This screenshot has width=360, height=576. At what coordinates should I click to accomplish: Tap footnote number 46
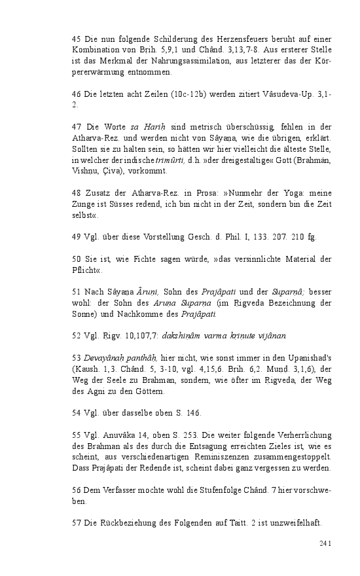[75, 94]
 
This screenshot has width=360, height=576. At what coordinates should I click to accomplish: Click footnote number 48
[75, 194]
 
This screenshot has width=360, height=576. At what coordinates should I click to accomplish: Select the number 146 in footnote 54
[193, 413]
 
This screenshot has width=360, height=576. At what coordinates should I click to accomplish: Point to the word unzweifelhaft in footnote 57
[293, 524]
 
